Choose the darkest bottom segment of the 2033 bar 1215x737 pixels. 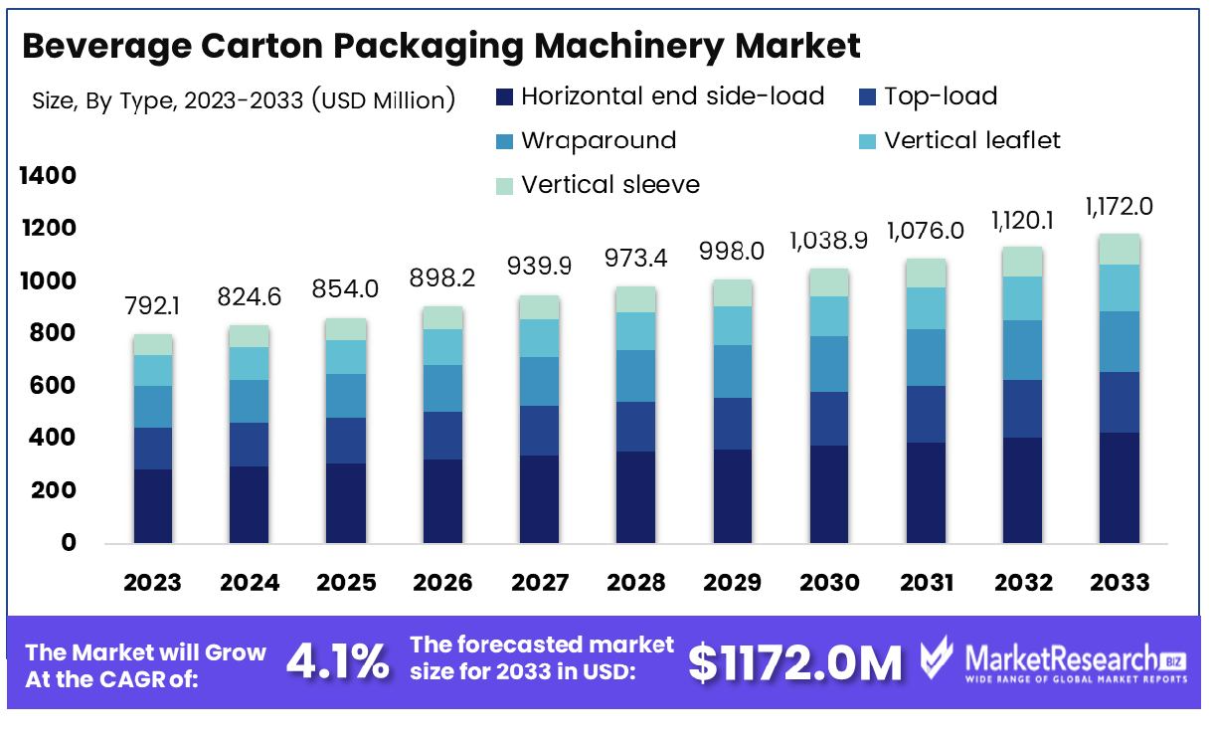tap(1120, 487)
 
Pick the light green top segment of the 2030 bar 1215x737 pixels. tap(829, 282)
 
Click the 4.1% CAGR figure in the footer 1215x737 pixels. tap(338, 662)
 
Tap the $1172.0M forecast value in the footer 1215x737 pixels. tap(795, 663)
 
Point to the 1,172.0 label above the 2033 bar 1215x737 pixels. tap(1120, 207)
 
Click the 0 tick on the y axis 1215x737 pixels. tap(69, 543)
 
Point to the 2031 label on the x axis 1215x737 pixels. tap(926, 582)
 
